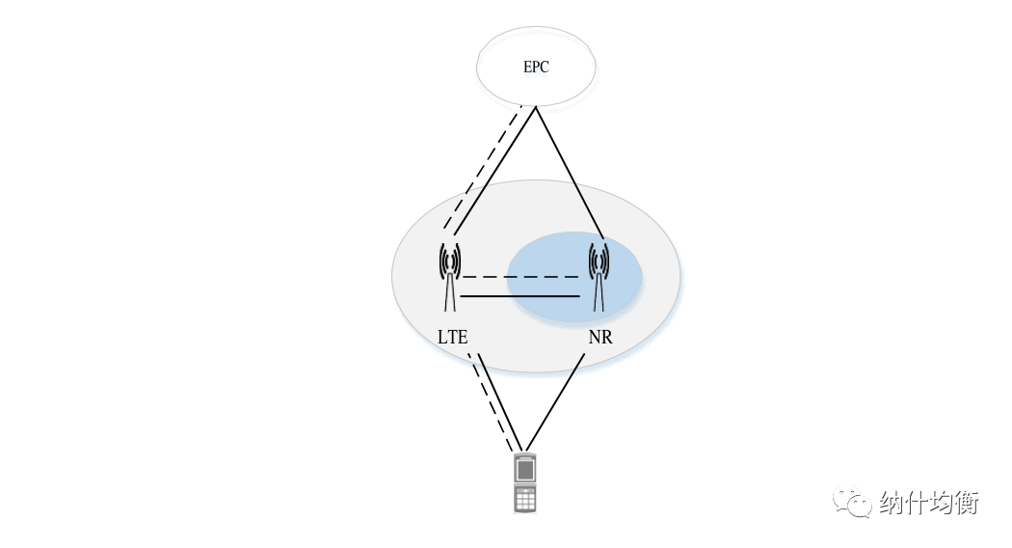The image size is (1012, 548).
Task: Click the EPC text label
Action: (x=536, y=67)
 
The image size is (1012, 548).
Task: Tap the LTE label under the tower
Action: (x=452, y=338)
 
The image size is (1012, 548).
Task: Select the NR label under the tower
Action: (x=600, y=338)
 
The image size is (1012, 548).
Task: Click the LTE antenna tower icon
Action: (x=450, y=277)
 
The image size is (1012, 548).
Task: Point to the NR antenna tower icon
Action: (x=599, y=277)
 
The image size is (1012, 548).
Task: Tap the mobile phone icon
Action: (x=525, y=484)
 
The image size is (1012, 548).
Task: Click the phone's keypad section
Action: (x=525, y=499)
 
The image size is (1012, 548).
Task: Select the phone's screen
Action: (x=525, y=470)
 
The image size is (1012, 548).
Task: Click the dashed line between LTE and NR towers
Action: (x=520, y=277)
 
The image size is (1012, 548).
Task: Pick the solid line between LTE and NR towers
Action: (x=520, y=296)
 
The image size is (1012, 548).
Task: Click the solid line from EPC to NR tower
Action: (x=570, y=174)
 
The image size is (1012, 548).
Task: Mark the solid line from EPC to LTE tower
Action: (x=495, y=172)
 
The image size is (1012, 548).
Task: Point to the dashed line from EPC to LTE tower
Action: (x=482, y=168)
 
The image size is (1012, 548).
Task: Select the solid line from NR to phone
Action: (x=556, y=402)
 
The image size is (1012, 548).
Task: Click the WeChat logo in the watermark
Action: (x=852, y=502)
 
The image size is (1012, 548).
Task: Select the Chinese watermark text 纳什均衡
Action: (x=929, y=502)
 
